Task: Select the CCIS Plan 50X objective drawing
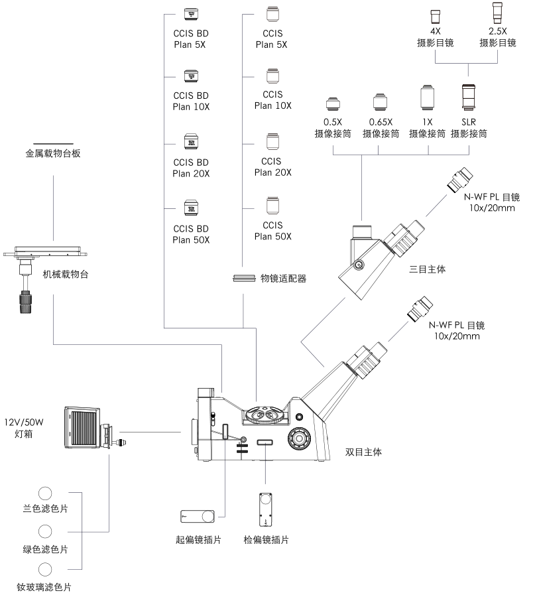(272, 204)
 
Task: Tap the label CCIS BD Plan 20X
(191, 168)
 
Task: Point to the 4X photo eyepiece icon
(436, 17)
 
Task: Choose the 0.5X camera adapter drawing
(332, 105)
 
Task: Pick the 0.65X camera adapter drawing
(379, 103)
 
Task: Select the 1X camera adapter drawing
(428, 98)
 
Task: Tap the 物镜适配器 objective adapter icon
(244, 279)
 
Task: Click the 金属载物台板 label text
(53, 154)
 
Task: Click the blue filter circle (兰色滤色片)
(46, 494)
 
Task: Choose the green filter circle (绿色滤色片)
(46, 531)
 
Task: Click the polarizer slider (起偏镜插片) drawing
(198, 517)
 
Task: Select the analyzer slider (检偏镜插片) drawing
(266, 509)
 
